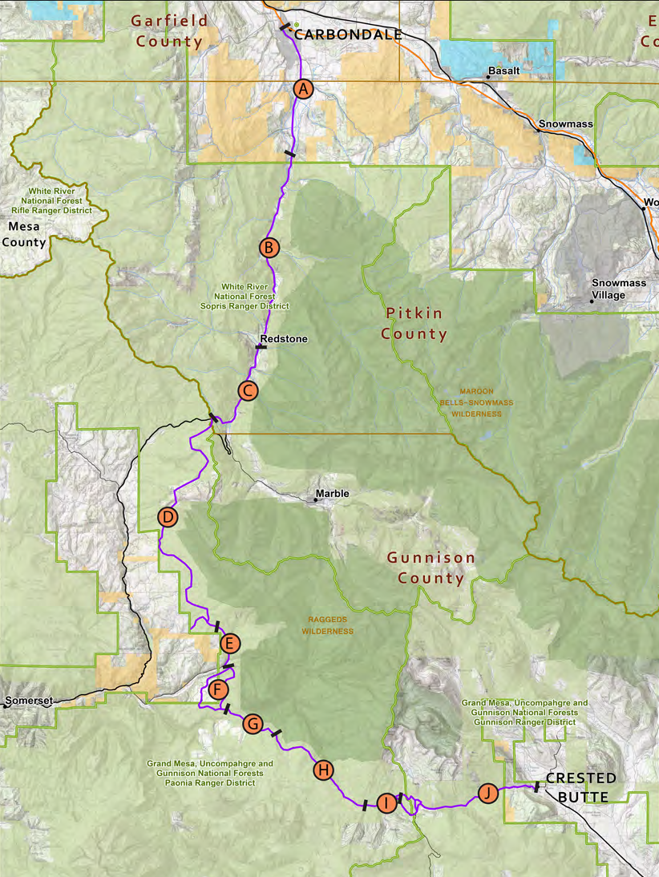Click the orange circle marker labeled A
(x=302, y=89)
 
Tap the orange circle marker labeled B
(x=269, y=247)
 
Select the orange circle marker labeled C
(x=248, y=391)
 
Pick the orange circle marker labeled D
(x=168, y=517)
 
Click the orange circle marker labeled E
(x=229, y=643)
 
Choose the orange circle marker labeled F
(x=218, y=689)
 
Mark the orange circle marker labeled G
(x=253, y=724)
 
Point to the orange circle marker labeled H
(x=323, y=770)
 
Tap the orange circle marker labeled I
(x=386, y=803)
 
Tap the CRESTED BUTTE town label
(x=581, y=787)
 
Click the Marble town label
(x=332, y=494)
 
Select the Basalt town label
(x=504, y=71)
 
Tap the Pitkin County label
(x=414, y=322)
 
